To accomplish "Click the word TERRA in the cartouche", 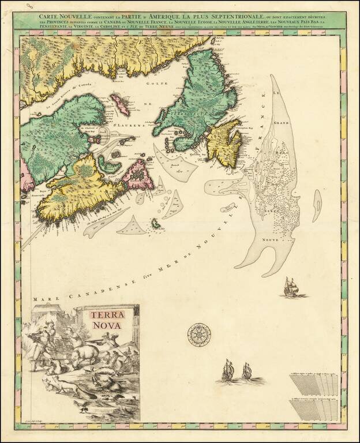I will (x=107, y=315).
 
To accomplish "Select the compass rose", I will (x=198, y=335).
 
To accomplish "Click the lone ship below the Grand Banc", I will (x=290, y=286).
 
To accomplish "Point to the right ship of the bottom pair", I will (x=246, y=370).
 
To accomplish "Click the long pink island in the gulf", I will (x=120, y=104).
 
